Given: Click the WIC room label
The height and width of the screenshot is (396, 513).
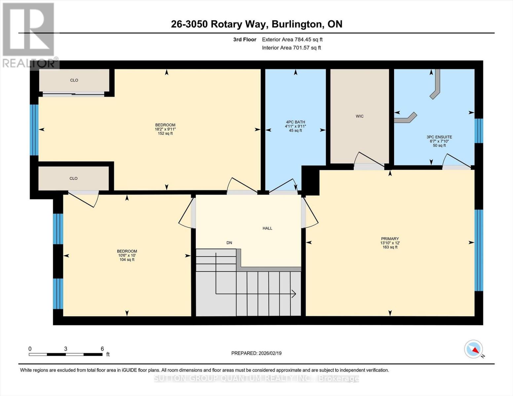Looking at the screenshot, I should point(359,116).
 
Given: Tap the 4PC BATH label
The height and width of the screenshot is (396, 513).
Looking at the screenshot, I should point(295,122).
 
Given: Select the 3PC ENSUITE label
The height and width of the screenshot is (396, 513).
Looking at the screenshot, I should point(439,137).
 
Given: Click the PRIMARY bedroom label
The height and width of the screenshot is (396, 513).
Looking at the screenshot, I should point(390,239).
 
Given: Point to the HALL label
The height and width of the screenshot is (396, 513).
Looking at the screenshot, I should point(267,228).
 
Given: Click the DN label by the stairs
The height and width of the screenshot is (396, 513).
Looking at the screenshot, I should point(229,243).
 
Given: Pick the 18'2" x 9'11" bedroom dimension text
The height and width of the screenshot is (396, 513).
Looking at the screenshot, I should point(165,129).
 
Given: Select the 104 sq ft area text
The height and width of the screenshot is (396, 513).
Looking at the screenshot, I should point(127,260).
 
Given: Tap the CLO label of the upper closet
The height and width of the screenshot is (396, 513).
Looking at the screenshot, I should point(74,80).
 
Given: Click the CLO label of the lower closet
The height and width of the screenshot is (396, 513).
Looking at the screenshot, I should point(73,179).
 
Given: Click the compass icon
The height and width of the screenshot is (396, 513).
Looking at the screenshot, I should point(474,349).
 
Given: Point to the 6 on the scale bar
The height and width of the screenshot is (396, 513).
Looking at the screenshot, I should point(102,349).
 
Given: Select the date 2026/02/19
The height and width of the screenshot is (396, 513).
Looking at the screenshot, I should point(270,353).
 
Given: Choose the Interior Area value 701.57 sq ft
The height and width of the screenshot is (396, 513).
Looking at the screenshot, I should point(306,48).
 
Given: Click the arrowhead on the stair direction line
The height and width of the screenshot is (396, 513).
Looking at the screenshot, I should point(293,293).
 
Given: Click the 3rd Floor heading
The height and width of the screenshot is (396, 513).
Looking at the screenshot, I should point(244,40).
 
